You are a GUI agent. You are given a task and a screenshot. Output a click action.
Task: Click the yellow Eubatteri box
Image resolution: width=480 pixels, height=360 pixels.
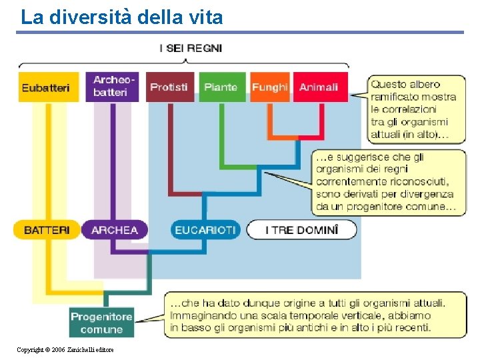(45, 87)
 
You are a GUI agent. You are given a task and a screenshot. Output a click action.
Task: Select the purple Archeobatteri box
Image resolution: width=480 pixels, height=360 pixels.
(113, 87)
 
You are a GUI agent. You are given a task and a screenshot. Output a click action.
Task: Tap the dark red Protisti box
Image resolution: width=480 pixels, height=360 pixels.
(169, 87)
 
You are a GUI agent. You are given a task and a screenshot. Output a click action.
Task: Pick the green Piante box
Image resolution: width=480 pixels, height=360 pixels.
(221, 87)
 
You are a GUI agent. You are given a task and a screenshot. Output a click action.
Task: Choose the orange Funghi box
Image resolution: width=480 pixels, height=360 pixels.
(269, 87)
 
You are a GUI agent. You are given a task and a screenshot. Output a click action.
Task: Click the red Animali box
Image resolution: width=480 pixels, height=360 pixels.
(319, 87)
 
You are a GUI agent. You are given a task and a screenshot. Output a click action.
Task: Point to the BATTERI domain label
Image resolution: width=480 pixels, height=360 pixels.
(46, 230)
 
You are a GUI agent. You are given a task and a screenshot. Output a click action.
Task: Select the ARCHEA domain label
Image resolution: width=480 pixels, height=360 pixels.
(115, 230)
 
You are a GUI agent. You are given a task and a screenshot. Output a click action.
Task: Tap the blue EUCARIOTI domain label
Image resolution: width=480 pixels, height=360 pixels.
(205, 230)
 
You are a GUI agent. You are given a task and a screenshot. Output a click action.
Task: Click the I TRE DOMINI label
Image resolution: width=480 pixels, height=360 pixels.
(301, 230)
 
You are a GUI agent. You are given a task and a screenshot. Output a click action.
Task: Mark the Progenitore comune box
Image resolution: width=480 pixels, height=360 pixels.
(101, 323)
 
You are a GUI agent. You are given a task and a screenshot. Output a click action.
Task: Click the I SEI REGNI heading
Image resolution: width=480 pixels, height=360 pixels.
(191, 48)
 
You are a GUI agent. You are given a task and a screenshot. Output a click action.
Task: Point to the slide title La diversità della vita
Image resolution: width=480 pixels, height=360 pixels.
(121, 17)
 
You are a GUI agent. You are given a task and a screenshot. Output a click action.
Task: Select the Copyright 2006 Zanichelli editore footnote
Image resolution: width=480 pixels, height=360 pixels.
(65, 350)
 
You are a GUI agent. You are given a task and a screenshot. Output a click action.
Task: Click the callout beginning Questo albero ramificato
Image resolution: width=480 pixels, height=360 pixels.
(415, 109)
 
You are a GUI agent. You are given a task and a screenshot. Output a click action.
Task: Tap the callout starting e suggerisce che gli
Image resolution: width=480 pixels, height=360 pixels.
(389, 182)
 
